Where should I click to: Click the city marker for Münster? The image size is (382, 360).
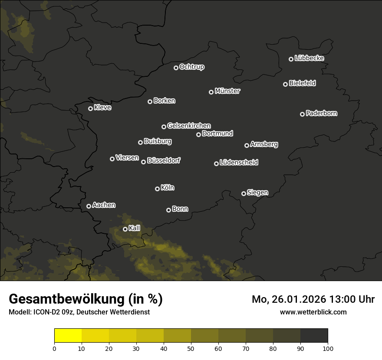tap(211, 92)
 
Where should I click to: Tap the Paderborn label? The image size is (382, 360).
tap(322, 113)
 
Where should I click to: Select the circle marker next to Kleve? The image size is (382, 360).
tap(91, 108)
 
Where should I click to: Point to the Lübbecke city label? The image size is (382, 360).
tap(310, 58)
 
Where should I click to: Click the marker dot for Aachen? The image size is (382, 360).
tap(89, 206)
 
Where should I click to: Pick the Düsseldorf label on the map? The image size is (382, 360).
tap(164, 160)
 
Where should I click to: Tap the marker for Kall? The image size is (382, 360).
tap(125, 229)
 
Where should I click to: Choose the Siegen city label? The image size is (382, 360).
tap(257, 193)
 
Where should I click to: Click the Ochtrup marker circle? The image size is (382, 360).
tap(176, 68)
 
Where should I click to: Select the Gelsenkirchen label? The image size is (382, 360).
tap(189, 126)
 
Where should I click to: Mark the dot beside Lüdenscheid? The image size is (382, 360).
tap(217, 164)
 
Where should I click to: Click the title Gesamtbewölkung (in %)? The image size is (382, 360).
tap(86, 299)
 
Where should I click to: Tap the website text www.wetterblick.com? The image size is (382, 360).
tap(313, 312)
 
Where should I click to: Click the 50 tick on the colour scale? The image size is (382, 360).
tap(191, 348)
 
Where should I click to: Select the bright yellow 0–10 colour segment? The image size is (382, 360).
tap(68, 336)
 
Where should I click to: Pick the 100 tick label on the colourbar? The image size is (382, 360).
tap(328, 348)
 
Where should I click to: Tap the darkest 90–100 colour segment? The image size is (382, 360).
tap(314, 336)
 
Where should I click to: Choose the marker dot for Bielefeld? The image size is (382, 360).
tap(286, 84)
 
